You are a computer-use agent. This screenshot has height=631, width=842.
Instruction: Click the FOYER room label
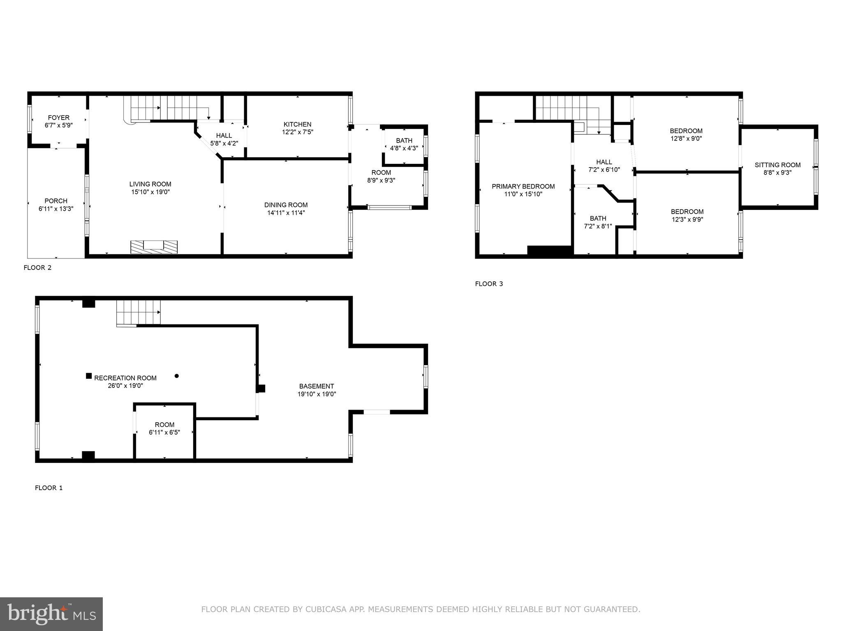point(59,117)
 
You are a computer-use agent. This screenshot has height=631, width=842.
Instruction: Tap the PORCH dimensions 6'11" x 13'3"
point(56,209)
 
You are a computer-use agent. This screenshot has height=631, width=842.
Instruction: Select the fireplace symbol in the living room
point(154,246)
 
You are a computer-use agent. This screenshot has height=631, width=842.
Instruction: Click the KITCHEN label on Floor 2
point(297,124)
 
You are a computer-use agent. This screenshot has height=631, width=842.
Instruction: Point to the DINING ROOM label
point(286,205)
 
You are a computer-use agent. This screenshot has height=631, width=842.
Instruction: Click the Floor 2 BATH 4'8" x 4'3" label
point(404,144)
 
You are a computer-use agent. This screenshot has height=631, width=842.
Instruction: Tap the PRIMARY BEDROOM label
point(523,186)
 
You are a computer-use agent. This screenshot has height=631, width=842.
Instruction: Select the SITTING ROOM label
point(777,165)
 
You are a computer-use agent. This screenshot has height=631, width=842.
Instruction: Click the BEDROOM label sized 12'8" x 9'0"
point(686,131)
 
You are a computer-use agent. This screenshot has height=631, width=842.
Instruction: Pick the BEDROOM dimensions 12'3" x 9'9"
point(687,219)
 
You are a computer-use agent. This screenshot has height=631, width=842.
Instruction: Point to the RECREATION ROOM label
point(125,378)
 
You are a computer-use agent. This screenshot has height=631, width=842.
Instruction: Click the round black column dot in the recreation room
point(177,375)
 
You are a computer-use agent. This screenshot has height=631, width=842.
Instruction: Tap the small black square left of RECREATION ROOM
point(89,375)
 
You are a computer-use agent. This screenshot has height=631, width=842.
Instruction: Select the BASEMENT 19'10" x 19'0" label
point(317,390)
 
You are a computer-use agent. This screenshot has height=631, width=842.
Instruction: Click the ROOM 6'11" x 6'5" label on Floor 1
point(164,428)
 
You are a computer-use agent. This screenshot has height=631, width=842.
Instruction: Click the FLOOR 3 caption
point(489,284)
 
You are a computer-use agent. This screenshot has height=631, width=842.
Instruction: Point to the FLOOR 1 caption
point(49,488)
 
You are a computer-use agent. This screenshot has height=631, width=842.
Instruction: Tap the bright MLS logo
point(51,614)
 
